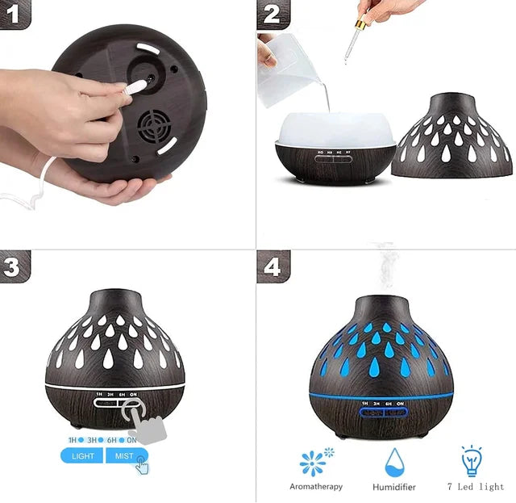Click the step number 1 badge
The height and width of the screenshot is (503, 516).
pyautogui.click(x=14, y=14)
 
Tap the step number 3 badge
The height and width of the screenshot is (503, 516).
pyautogui.click(x=14, y=266)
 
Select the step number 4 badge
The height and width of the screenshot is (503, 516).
pyautogui.click(x=273, y=266)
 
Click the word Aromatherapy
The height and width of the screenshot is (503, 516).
pyautogui.click(x=316, y=487)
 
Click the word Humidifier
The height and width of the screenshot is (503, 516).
pyautogui.click(x=394, y=488)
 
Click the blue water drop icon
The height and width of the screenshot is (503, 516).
pyautogui.click(x=394, y=463)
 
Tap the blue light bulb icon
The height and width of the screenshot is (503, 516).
pyautogui.click(x=472, y=460)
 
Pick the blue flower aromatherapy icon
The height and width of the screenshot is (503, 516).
pyautogui.click(x=314, y=463)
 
